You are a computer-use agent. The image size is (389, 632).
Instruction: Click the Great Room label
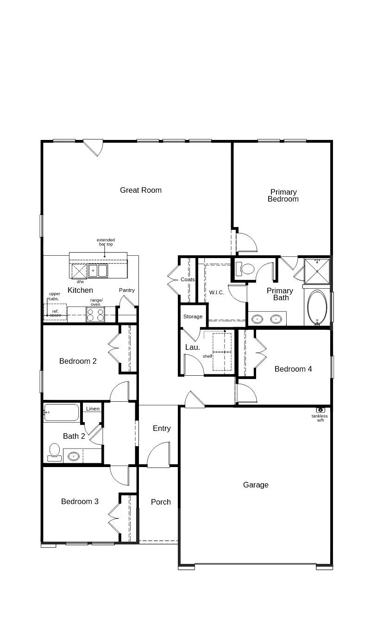pos(140,190)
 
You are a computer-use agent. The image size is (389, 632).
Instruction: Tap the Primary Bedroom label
pos(283,196)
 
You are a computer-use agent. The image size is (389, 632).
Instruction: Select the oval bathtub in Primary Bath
pos(317,307)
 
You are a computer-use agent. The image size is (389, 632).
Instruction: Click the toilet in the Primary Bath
pos(245,268)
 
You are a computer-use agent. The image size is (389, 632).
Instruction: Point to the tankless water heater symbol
pos(320,410)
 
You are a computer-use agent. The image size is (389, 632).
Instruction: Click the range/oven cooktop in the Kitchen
pos(95,315)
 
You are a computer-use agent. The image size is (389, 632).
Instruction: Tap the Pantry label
pos(126,290)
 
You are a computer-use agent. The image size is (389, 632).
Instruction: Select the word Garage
pos(256,485)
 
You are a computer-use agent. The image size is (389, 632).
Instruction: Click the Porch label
pos(161,502)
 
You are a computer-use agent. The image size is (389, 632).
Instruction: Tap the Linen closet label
pos(93,409)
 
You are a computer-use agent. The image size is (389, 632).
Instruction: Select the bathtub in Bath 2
pos(62,412)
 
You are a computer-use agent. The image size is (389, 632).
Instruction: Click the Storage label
pos(193,316)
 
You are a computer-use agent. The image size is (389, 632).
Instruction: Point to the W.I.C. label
pos(216,292)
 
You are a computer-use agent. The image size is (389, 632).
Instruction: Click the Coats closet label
pos(188,279)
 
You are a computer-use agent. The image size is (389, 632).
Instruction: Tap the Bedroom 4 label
pos(293,369)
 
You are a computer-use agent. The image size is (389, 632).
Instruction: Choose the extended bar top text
pos(106,242)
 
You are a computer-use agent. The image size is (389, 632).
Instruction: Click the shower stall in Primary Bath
pos(317,271)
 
